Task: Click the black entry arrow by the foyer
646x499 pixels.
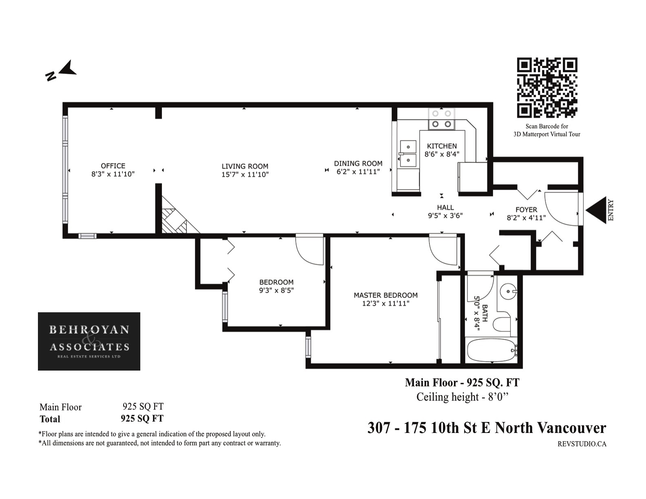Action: pos(596,210)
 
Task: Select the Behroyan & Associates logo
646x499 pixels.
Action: pos(89,341)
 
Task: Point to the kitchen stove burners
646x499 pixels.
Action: pos(441,119)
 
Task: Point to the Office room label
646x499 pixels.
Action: pos(113,166)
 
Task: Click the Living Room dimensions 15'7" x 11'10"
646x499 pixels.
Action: pos(245,174)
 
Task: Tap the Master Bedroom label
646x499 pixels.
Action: pos(385,295)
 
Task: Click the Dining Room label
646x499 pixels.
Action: pos(358,163)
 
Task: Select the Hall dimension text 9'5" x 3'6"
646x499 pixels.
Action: pos(445,216)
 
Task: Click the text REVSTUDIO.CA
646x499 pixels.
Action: pos(582,444)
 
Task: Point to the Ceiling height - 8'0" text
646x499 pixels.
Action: pos(462,397)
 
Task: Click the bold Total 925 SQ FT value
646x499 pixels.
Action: pos(142,418)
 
